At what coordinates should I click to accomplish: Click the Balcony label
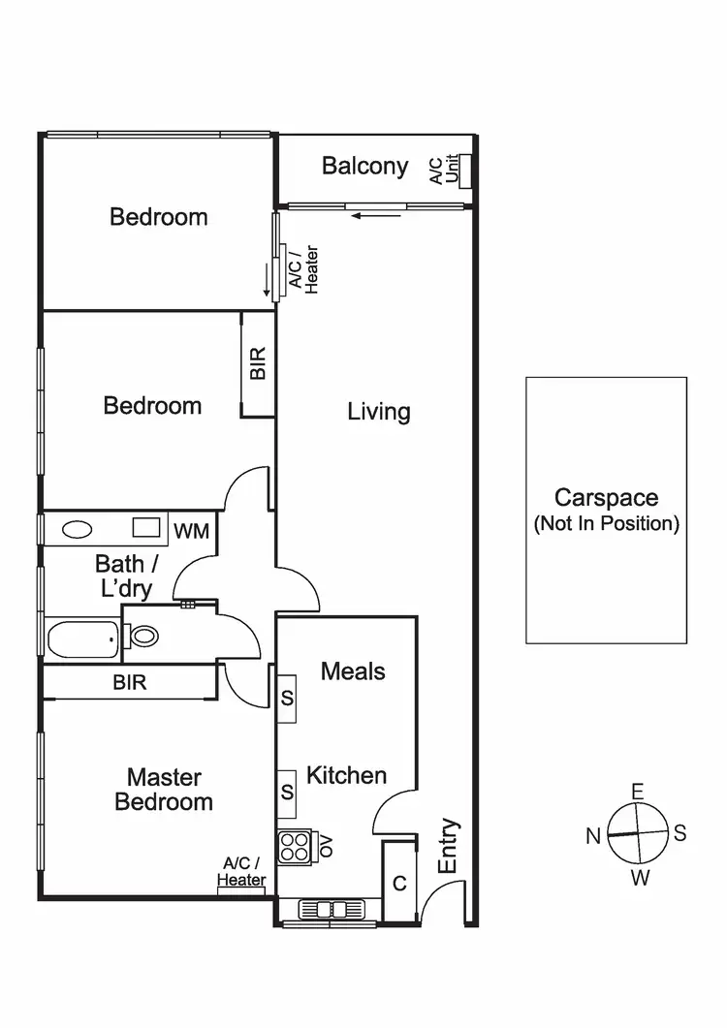(364, 166)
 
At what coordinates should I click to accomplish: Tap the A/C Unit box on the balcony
(465, 171)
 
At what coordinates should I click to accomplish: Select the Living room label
(379, 412)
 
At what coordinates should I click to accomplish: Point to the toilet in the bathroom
(143, 637)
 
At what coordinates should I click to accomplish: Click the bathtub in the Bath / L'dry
(82, 639)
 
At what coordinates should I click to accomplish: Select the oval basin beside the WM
(76, 530)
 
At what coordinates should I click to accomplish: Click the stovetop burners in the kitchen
(293, 847)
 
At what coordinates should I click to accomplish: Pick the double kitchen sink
(330, 909)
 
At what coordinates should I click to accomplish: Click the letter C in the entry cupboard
(399, 884)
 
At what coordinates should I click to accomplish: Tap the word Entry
(448, 847)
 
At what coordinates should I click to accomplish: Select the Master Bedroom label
(164, 790)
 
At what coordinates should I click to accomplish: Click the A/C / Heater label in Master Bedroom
(241, 871)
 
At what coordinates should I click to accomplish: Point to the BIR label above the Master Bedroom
(130, 682)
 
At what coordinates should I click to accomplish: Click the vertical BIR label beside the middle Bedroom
(258, 363)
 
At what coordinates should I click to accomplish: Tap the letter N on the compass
(593, 836)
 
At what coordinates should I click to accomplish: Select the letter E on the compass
(637, 792)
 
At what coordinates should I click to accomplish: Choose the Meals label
(353, 671)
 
